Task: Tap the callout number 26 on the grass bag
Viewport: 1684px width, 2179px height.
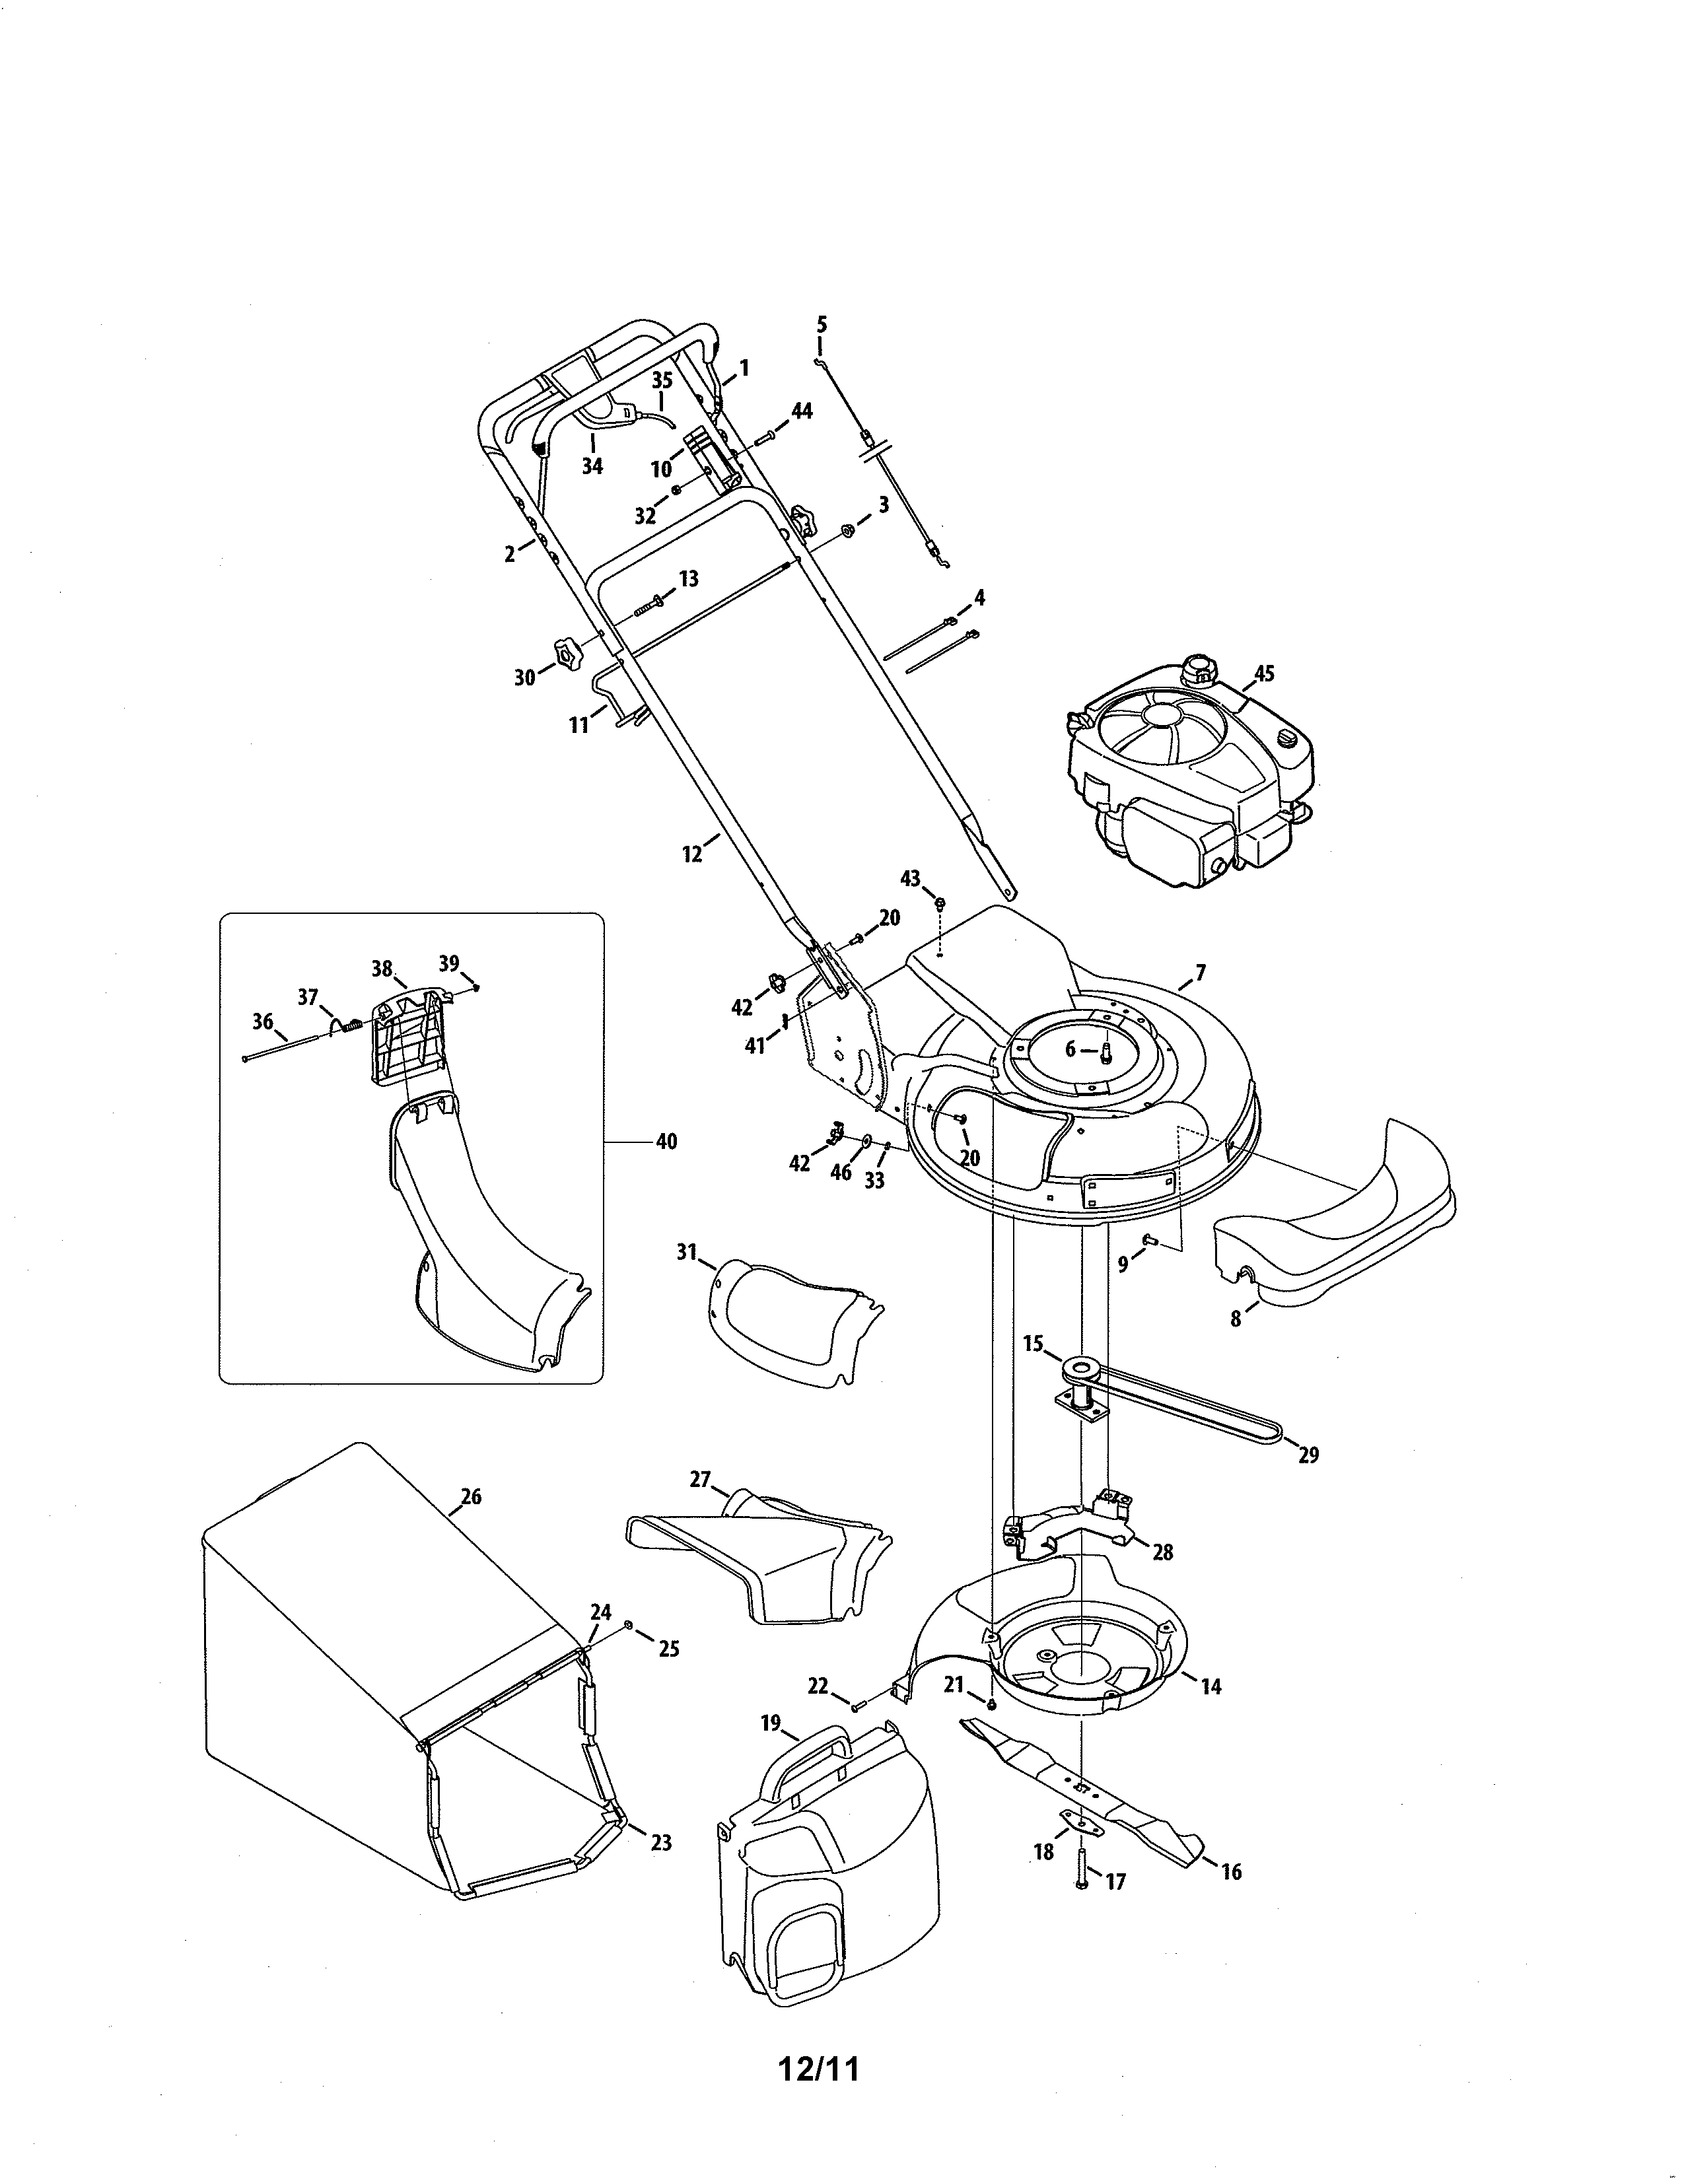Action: click(x=471, y=1496)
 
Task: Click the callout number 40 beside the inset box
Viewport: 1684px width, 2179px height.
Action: click(x=666, y=1142)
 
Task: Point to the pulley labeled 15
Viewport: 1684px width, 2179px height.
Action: click(x=1082, y=1367)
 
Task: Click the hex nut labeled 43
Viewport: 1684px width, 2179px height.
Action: click(x=940, y=903)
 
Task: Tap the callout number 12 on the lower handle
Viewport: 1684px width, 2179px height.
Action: click(x=692, y=854)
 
